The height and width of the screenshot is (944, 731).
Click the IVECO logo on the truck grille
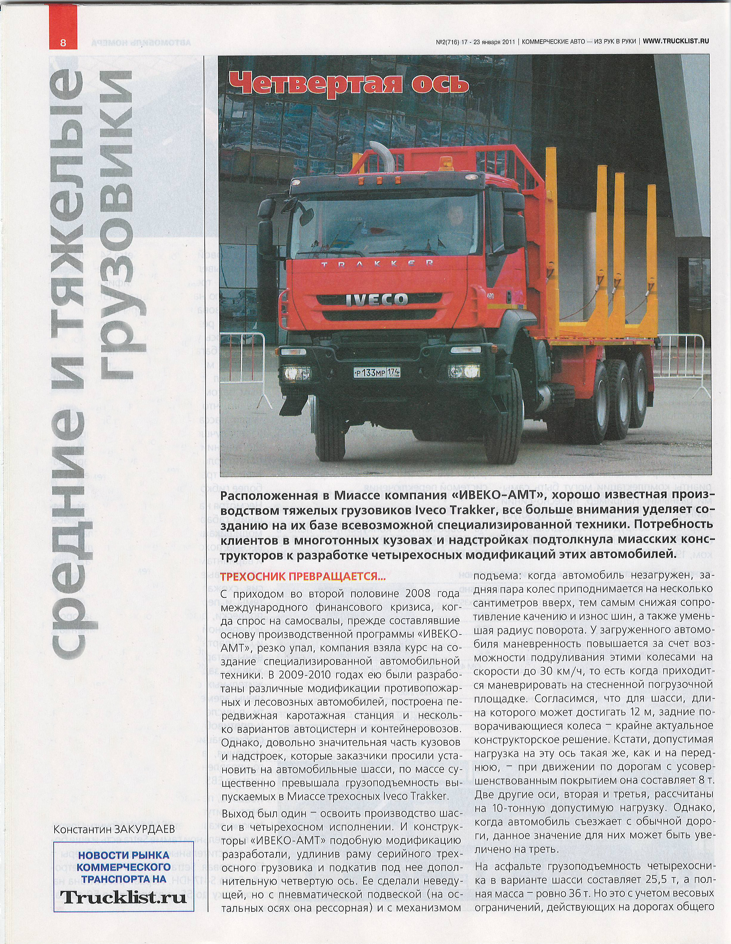(x=376, y=300)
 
